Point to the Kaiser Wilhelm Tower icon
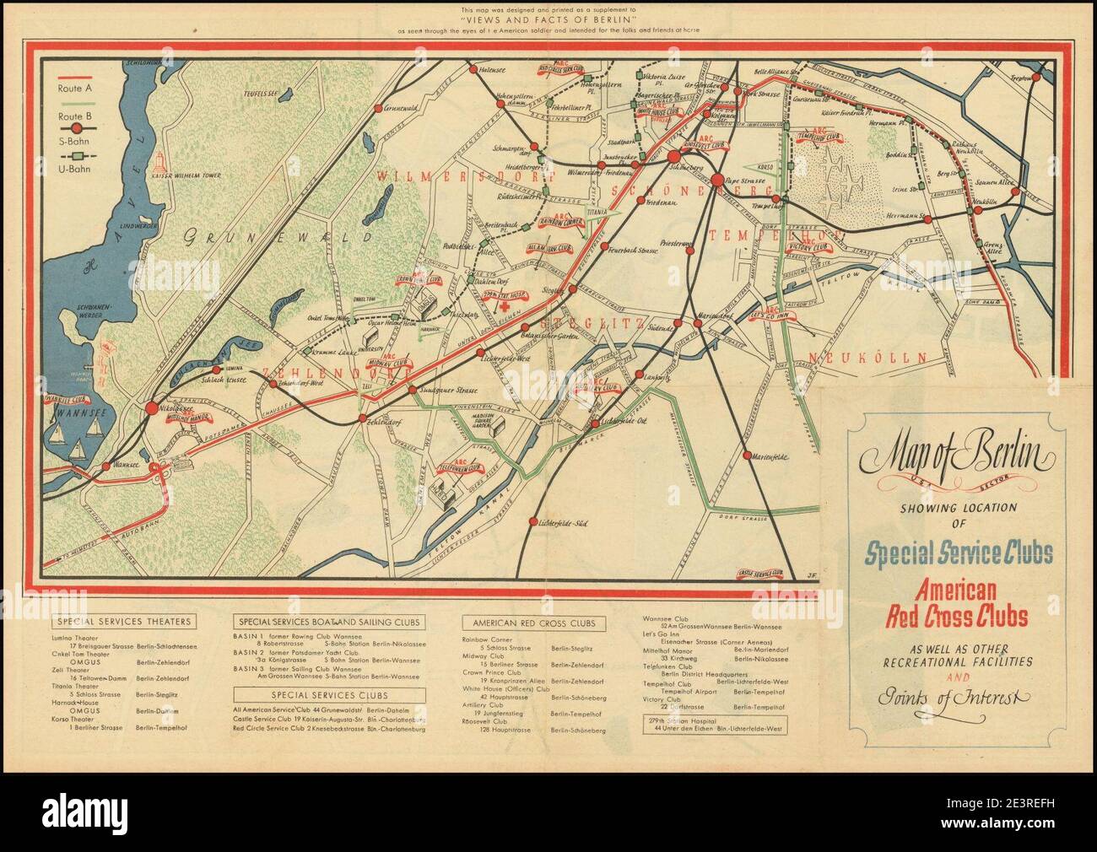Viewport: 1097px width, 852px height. pos(159,158)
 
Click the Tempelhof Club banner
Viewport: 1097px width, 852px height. pos(820,138)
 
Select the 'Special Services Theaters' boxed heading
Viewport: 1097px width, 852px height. pos(124,622)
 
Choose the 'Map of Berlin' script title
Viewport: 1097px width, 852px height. pos(958,459)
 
